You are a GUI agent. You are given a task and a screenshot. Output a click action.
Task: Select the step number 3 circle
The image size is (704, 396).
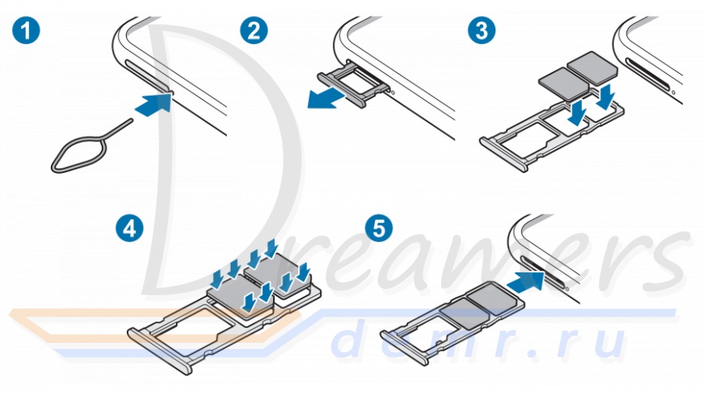coord(480,32)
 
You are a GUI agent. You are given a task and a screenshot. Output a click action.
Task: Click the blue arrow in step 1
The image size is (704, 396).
coord(153,104)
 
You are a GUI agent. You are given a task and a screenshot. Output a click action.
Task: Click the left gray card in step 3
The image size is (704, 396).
coord(562,80)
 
